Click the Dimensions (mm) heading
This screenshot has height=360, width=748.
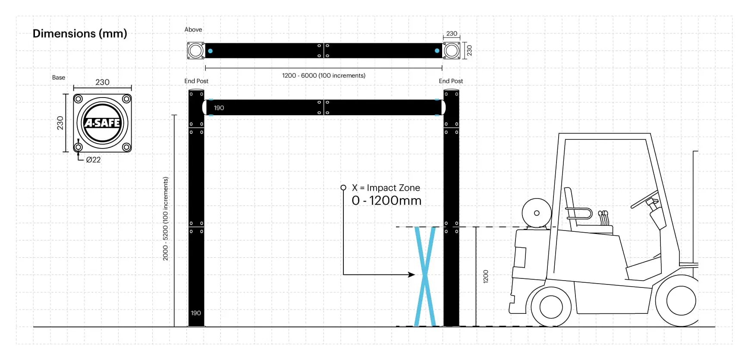point(80,34)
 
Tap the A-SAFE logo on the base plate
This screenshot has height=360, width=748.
point(102,123)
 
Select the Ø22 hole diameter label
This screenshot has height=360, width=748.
point(93,160)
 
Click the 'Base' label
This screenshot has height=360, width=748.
point(59,78)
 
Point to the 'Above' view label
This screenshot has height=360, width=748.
point(193,30)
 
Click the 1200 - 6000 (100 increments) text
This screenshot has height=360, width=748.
point(324,76)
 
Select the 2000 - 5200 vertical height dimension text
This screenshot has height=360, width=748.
point(165,218)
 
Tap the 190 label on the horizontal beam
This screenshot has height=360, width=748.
point(219,108)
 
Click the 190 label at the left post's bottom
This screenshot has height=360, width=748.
point(196,313)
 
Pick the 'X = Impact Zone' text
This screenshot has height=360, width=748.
point(386,188)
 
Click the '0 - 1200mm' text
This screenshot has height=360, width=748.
point(387,201)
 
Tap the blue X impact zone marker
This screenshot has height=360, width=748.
point(425,276)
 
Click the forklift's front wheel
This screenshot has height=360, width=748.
point(551,307)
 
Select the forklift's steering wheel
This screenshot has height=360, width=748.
point(644,199)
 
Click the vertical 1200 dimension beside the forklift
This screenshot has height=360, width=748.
point(486,276)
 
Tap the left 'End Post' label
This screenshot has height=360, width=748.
point(196,81)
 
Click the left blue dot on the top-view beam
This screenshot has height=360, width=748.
point(210,51)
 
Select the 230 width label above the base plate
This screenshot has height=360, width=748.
point(102,82)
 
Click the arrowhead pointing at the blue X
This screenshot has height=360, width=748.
point(412,275)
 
